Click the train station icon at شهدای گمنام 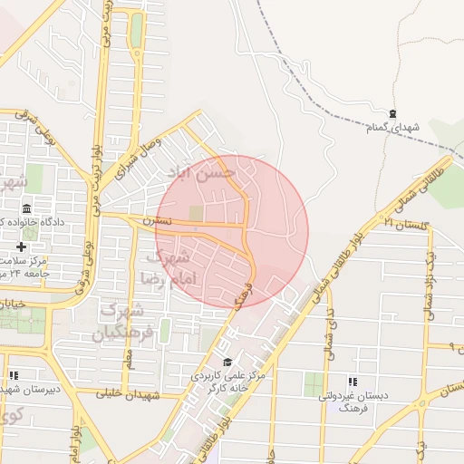(392, 114)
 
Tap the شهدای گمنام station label (393, 129)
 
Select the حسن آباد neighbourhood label (202, 171)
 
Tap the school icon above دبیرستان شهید (14, 374)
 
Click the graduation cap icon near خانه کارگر (227, 362)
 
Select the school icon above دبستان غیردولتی (353, 382)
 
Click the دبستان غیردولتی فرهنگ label (353, 402)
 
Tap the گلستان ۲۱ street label (402, 223)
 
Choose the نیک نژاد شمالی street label (432, 285)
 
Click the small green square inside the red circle (196, 213)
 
